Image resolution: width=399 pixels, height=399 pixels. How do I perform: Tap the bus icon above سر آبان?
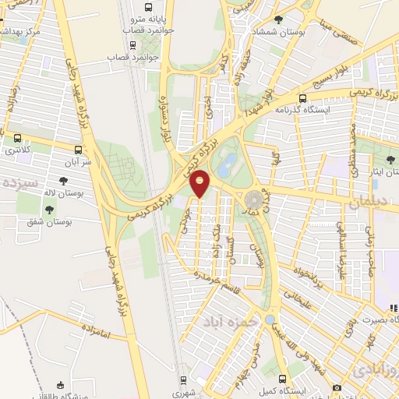pos(78,150)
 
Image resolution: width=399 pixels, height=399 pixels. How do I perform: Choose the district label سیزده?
pos(20,184)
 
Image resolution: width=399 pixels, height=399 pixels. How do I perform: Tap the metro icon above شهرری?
pos(183,381)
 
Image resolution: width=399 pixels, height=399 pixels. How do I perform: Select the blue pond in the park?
pos(228,164)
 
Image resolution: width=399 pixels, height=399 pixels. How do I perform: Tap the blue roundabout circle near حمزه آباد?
pos(270,320)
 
